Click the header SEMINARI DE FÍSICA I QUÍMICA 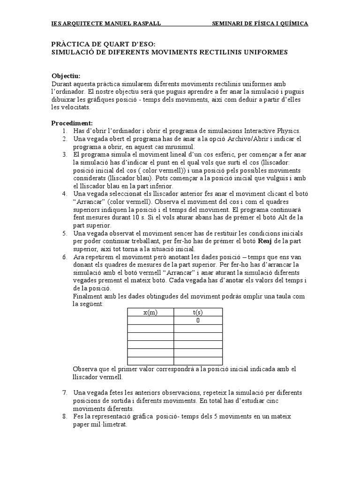coord(260,23)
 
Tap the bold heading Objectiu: coord(66,76)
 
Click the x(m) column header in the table coord(150,313)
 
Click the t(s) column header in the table coord(198,313)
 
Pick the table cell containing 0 coord(198,321)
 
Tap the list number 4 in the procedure coord(64,194)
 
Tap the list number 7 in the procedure coord(64,392)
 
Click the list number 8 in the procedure coord(64,416)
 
